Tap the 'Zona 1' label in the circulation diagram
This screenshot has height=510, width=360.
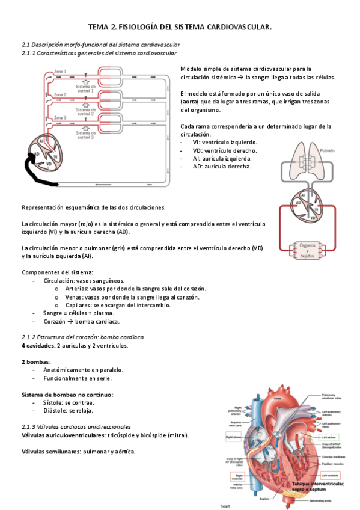(x=61, y=72)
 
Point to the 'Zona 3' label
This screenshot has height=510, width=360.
(x=61, y=118)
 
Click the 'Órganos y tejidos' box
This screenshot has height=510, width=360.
(x=308, y=251)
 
